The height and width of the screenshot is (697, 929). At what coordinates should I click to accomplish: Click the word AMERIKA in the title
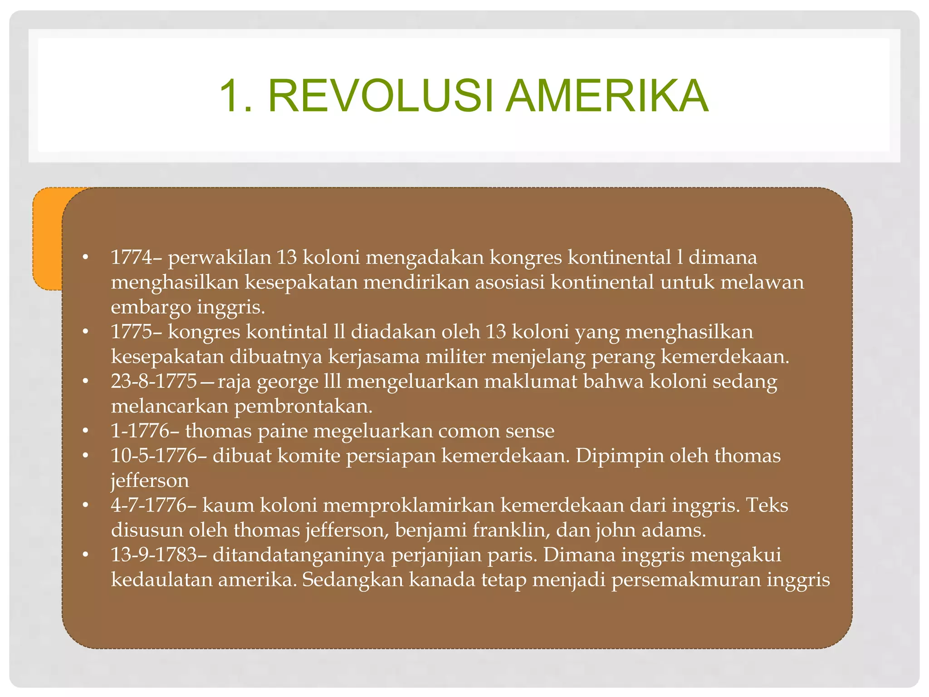607,96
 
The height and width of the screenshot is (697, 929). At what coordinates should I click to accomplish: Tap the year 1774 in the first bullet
132,257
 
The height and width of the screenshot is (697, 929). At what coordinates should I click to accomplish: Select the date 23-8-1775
154,381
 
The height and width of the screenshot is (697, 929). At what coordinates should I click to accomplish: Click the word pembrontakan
303,407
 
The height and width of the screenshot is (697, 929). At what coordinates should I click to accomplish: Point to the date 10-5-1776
154,456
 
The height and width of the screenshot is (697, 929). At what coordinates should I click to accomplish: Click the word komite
308,456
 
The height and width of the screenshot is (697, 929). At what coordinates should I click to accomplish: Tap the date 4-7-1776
148,505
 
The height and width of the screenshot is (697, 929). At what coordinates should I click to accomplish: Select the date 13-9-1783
154,555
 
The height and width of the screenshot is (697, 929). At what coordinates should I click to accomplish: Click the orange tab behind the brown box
47,238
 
